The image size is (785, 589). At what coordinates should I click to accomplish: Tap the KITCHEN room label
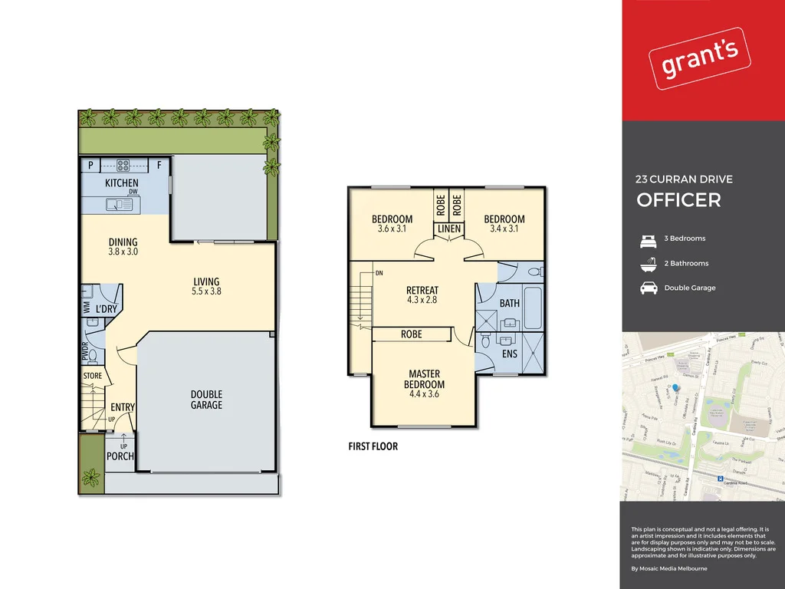click(x=121, y=183)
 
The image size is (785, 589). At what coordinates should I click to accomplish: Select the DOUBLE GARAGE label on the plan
click(x=206, y=400)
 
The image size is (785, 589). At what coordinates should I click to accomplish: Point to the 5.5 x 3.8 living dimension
click(x=206, y=291)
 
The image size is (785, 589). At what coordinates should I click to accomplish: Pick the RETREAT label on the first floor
click(x=422, y=291)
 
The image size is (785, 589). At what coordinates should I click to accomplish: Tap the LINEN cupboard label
click(x=449, y=229)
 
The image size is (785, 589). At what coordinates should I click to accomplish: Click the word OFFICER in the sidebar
click(x=678, y=200)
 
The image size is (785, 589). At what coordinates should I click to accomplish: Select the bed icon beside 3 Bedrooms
click(x=648, y=239)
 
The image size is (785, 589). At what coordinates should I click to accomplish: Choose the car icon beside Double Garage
click(x=648, y=288)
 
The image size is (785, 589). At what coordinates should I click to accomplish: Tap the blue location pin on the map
click(x=675, y=389)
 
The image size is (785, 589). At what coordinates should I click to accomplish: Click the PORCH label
click(x=120, y=456)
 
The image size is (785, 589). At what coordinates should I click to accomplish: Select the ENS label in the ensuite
click(x=509, y=354)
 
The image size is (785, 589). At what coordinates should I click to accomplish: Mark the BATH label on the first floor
click(x=509, y=303)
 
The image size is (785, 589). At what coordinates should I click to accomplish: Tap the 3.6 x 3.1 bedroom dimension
click(x=392, y=229)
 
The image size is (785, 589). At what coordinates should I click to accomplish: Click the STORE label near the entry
click(x=93, y=376)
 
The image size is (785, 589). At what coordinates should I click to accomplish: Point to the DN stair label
click(x=379, y=273)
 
